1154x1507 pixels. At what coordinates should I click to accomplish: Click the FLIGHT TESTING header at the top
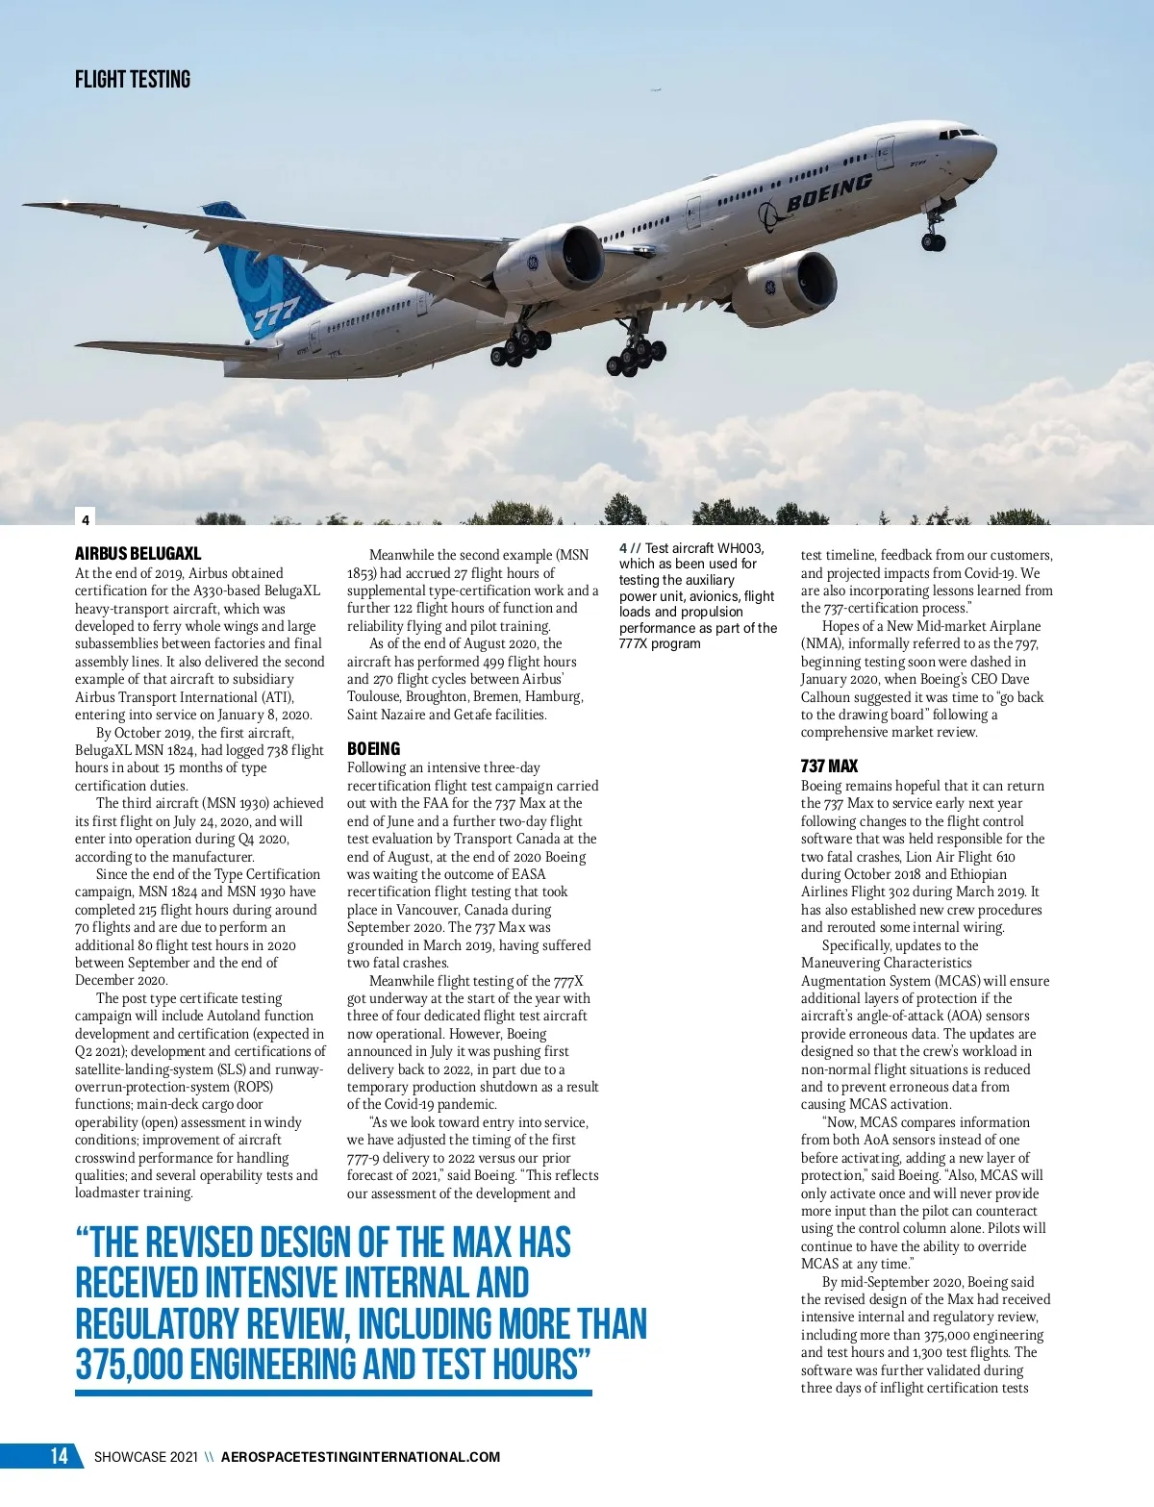(x=133, y=80)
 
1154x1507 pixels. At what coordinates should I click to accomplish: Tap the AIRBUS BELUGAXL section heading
(x=138, y=554)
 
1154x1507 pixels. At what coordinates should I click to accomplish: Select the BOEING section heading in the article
(x=373, y=749)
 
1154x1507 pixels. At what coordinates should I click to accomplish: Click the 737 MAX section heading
(x=829, y=766)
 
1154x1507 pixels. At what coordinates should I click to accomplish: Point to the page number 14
(x=59, y=1456)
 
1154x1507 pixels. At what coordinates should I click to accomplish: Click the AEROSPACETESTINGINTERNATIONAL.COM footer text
(x=361, y=1457)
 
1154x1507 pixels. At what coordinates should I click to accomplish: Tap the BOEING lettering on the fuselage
(x=829, y=192)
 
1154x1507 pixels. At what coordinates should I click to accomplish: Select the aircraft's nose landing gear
(x=934, y=236)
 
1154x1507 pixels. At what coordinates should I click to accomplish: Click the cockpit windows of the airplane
(x=958, y=133)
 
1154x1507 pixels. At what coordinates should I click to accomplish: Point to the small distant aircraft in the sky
(x=657, y=90)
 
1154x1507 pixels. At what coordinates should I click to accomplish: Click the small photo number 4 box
(x=86, y=519)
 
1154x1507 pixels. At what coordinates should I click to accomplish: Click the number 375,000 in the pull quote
(x=129, y=1365)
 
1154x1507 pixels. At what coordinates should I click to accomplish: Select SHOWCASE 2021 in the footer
(x=145, y=1457)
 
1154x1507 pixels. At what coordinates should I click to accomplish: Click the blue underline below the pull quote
(x=333, y=1393)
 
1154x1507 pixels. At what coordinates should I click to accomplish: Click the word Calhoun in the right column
(x=826, y=697)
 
